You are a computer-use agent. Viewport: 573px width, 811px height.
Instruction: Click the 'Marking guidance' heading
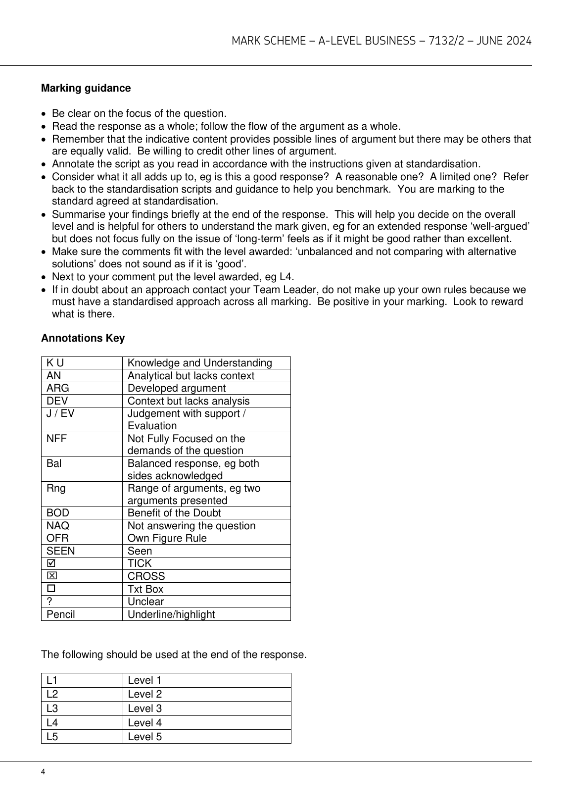point(86,88)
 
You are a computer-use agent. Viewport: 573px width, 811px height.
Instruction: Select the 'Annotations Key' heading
point(83,338)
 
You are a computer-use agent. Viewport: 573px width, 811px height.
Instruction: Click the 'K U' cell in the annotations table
point(55,363)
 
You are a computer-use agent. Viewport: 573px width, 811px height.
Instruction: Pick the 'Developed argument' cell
point(176,388)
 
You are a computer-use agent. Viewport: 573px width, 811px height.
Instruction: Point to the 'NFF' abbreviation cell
point(56,439)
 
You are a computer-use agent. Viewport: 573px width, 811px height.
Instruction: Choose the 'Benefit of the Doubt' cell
point(174,513)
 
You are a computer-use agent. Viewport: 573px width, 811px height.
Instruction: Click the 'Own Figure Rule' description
point(167,538)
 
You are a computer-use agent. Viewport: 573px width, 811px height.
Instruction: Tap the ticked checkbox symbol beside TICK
point(50,563)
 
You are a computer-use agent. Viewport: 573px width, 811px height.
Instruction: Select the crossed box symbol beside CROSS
point(50,576)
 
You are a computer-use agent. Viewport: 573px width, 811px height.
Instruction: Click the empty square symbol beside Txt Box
point(50,589)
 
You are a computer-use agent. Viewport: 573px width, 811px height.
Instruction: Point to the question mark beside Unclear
point(49,602)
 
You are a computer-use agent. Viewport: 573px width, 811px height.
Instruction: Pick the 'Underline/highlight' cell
point(171,614)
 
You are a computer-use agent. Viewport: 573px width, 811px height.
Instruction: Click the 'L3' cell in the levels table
point(52,709)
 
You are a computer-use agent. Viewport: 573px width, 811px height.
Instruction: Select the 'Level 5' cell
point(144,737)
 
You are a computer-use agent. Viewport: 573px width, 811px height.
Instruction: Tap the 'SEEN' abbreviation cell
point(61,551)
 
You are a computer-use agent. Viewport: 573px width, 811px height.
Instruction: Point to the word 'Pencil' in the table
point(60,614)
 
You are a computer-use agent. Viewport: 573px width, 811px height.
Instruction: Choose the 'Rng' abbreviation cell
point(56,488)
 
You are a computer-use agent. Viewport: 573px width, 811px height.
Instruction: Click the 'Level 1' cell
point(144,680)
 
